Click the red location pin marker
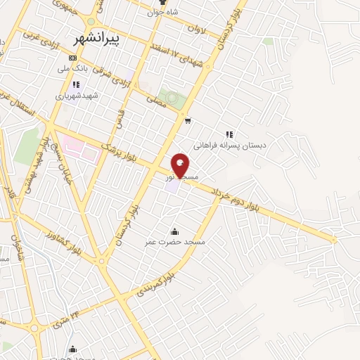point(180,166)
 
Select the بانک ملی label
point(73,70)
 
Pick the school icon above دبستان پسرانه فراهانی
point(229,134)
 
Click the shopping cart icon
point(187,120)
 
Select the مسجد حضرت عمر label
point(175,242)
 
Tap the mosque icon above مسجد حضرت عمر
point(174,231)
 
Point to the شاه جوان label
point(163,12)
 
